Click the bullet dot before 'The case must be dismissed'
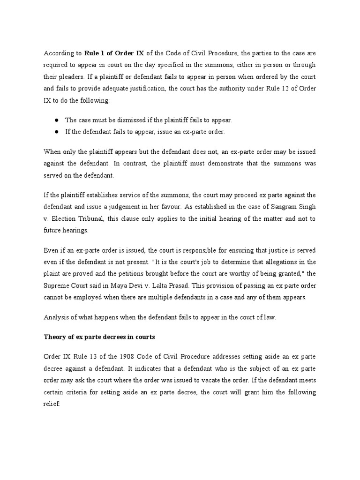pos(56,120)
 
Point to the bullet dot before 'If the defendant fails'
pos(56,132)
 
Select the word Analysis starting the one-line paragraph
pos(56,317)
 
